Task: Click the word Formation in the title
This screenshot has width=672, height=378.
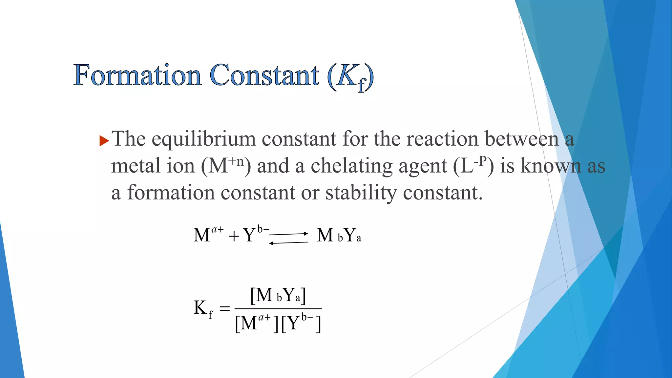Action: click(x=137, y=75)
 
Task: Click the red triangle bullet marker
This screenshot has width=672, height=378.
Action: click(x=104, y=141)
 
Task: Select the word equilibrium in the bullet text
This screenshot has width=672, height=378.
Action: click(x=203, y=139)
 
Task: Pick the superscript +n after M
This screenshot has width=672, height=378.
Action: click(x=236, y=161)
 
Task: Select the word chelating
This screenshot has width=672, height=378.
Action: click(x=351, y=166)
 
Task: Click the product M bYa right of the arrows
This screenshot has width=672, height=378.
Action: click(x=339, y=235)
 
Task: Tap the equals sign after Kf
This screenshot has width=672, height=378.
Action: click(x=224, y=308)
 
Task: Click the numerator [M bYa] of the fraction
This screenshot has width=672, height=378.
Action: click(x=278, y=295)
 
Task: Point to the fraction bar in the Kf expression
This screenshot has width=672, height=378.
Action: click(x=278, y=308)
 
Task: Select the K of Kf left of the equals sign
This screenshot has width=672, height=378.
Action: click(x=200, y=308)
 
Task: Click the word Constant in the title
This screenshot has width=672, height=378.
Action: click(x=264, y=75)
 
